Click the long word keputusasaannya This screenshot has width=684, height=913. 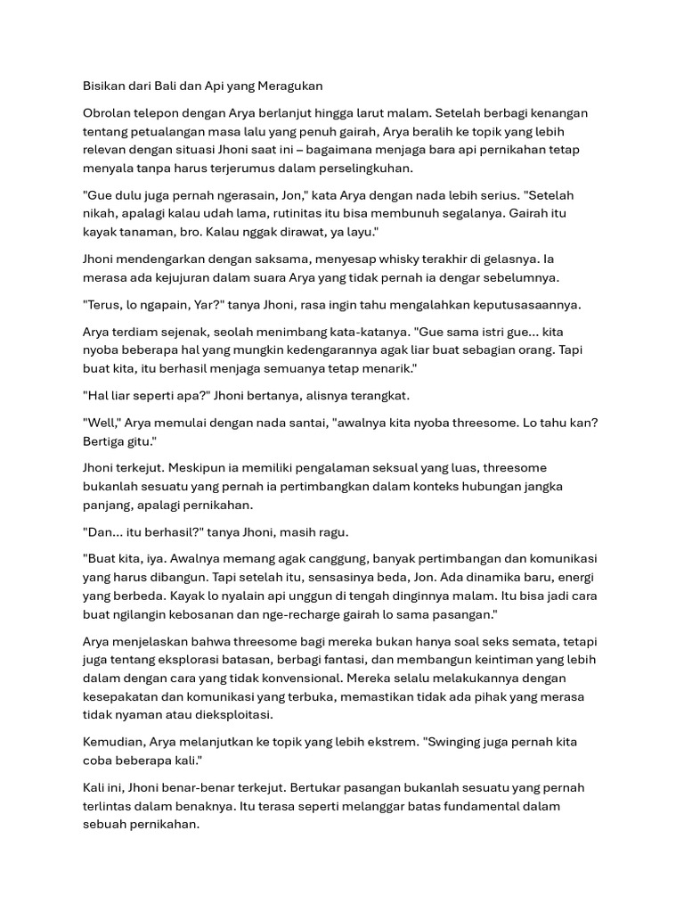[x=525, y=305]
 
